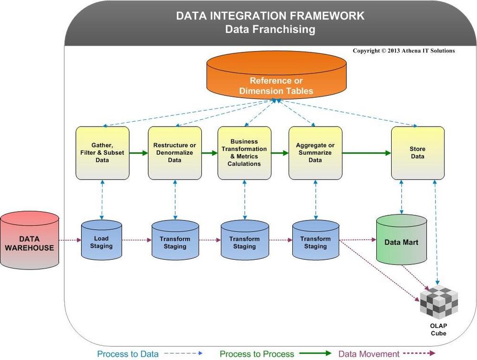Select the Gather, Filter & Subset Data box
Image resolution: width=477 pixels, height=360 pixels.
pyautogui.click(x=102, y=153)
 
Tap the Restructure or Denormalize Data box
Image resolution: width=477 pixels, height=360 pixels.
pyautogui.click(x=175, y=153)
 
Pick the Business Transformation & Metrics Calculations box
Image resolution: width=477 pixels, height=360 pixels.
pyautogui.click(x=245, y=153)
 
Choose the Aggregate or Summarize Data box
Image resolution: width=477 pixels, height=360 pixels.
pyautogui.click(x=315, y=153)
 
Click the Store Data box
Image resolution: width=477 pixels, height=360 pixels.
pyautogui.click(x=417, y=153)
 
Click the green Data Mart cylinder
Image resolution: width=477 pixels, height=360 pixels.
pyautogui.click(x=401, y=240)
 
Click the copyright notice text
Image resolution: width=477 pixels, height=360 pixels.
pyautogui.click(x=404, y=51)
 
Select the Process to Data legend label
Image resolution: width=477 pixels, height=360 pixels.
pyautogui.click(x=128, y=354)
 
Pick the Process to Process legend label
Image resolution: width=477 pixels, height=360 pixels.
pyautogui.click(x=257, y=354)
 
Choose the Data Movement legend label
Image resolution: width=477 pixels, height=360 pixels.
pyautogui.click(x=369, y=354)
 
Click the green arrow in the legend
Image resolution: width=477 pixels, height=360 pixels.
pyautogui.click(x=315, y=354)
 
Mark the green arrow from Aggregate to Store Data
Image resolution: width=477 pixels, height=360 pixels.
pyautogui.click(x=366, y=153)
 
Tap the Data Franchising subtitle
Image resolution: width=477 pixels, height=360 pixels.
pyautogui.click(x=270, y=29)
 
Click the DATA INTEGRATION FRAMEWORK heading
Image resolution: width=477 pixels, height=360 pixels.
pyautogui.click(x=270, y=16)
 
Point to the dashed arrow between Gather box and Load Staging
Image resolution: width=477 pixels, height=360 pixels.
pyautogui.click(x=102, y=200)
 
